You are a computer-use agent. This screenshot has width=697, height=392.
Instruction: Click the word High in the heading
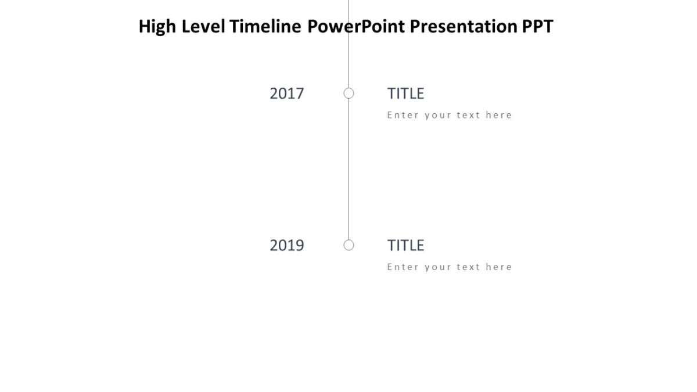157,27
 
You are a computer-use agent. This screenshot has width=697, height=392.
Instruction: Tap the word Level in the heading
203,27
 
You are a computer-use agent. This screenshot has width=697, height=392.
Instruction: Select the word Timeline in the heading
265,27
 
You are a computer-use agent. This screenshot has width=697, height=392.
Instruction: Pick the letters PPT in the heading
538,27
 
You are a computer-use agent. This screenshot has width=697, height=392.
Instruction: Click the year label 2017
287,93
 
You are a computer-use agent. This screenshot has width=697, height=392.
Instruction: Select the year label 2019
287,246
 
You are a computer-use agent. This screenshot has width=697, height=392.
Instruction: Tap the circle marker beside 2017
348,93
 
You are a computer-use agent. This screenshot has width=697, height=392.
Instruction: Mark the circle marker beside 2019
348,245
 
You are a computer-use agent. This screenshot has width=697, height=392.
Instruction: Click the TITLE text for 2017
405,93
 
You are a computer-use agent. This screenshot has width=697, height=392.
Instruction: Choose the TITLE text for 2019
405,246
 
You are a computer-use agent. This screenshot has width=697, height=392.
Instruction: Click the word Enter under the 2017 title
403,115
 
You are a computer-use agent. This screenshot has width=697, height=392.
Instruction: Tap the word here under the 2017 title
499,115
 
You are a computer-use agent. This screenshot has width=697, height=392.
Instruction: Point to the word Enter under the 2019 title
403,267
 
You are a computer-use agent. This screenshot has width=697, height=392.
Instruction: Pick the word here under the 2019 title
499,267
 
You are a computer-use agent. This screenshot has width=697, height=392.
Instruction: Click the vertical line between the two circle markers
348,168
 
